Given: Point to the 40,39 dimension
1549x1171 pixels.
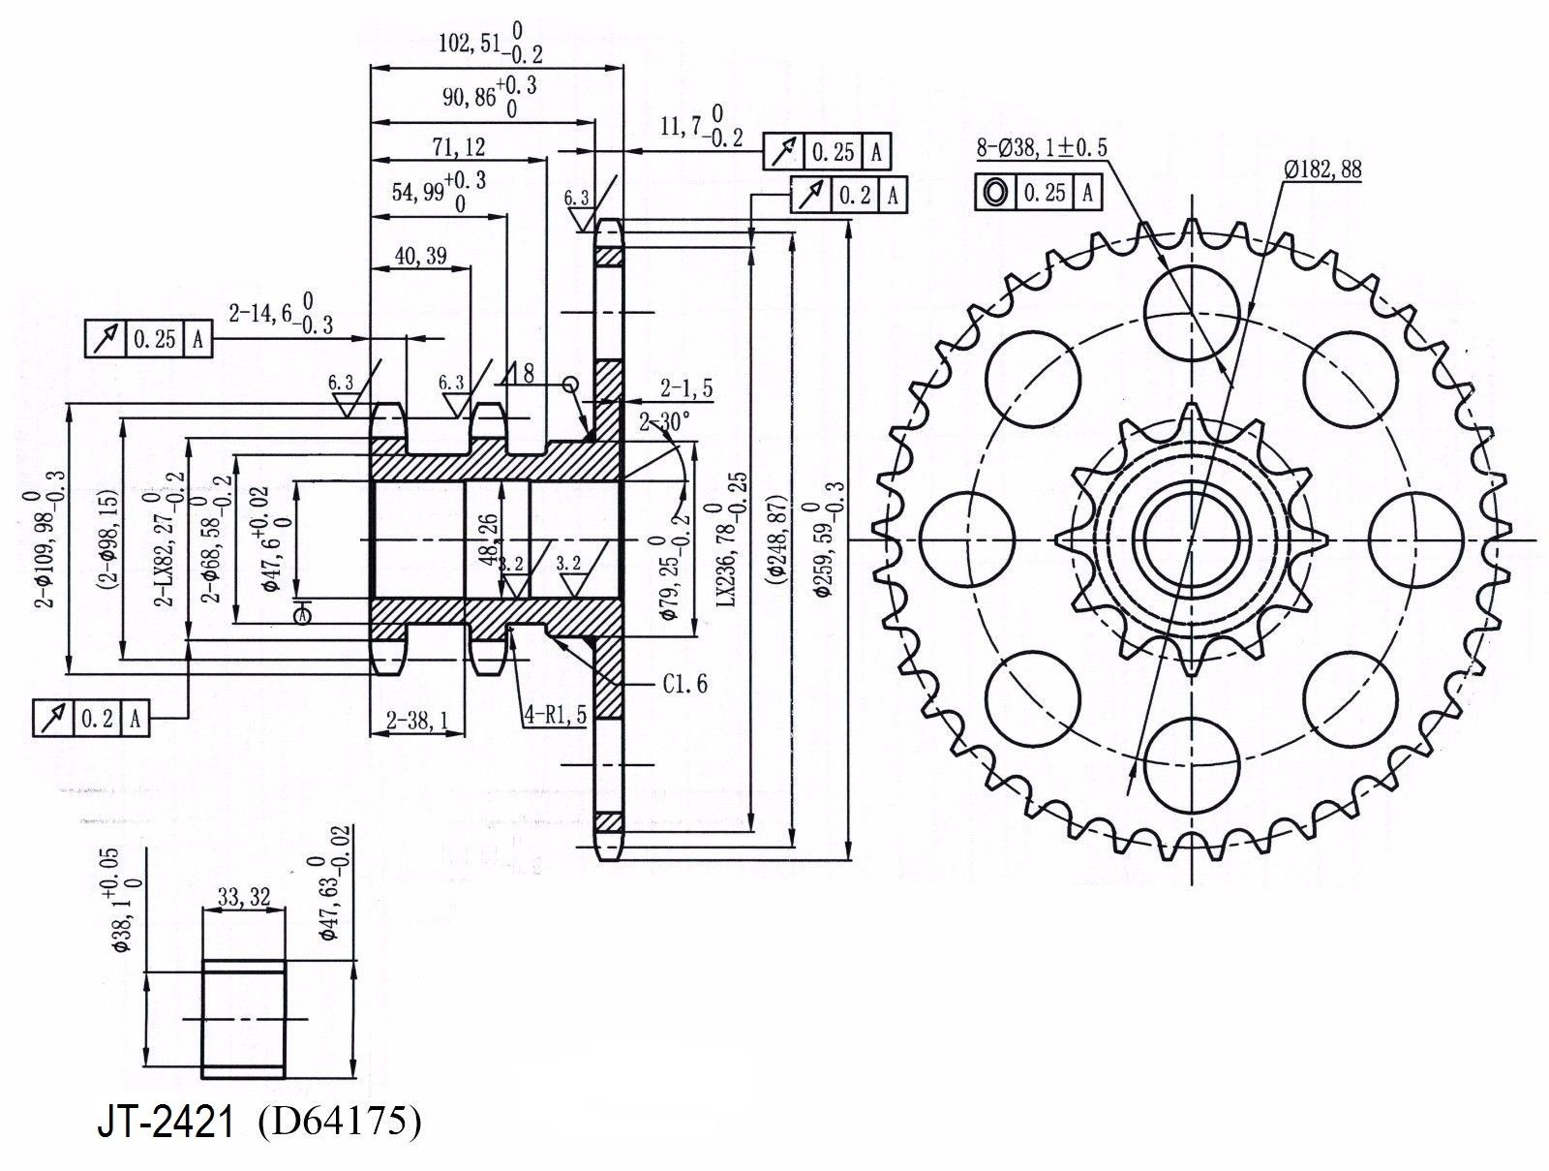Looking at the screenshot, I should click(421, 256).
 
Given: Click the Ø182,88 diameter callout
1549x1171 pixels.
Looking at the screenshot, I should click(1323, 169).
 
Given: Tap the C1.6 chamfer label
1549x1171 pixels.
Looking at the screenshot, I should click(685, 684).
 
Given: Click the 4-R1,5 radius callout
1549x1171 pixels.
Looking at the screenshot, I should click(555, 716).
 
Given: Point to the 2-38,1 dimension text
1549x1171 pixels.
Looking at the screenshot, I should click(417, 720).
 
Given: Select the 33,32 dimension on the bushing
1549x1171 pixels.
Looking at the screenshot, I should click(243, 897).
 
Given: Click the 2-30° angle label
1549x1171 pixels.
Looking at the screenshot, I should click(664, 421).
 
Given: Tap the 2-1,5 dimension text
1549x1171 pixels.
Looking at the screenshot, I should click(686, 388).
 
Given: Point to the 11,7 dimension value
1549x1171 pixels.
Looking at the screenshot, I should click(683, 126).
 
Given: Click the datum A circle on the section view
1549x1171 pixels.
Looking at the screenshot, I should click(303, 614).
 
